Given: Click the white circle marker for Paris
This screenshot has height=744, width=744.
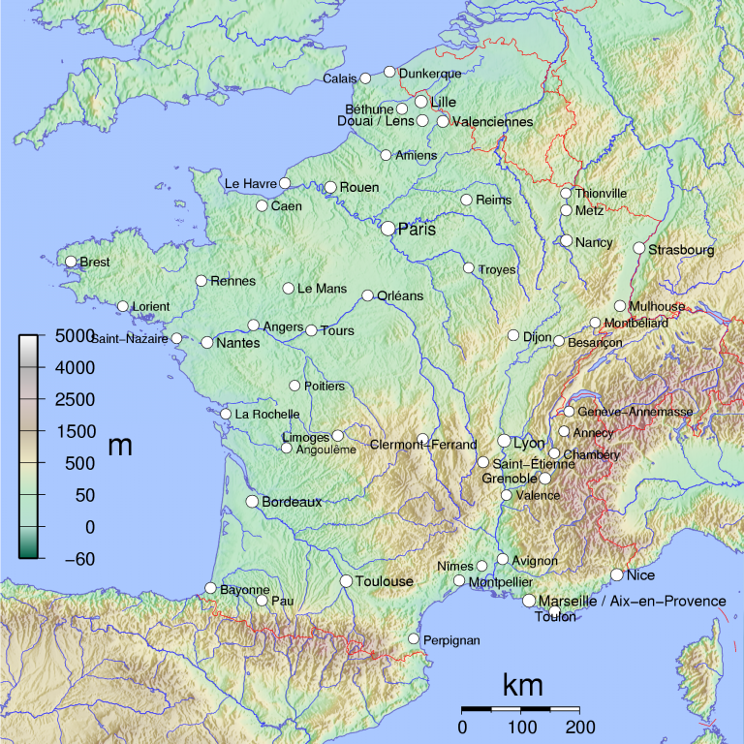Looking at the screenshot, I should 388,229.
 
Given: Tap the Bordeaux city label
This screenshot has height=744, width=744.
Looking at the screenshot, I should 292,502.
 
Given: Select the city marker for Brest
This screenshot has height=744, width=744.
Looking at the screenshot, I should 71,262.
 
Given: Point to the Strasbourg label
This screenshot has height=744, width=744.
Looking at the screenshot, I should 681,250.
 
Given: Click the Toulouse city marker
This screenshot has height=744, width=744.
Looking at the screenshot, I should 346,581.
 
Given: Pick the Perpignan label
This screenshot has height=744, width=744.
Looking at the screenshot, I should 451,640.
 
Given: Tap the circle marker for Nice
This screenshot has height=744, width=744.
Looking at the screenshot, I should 617,574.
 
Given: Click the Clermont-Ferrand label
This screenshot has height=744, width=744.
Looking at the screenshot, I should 423,446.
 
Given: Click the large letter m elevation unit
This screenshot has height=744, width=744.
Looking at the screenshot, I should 120,447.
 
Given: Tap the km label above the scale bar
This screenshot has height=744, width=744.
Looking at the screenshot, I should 522,686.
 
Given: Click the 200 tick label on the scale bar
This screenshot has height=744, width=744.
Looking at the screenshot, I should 579,728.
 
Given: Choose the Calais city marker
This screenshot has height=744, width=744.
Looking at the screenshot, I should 365,78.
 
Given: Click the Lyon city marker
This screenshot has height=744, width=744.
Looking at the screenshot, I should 504,441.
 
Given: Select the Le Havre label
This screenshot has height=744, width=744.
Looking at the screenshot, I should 251,183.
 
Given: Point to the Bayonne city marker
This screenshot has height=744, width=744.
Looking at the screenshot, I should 210,588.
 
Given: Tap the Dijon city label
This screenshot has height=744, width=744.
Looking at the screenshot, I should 537,337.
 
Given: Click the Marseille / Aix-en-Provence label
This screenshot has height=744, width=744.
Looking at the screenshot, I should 632,602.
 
